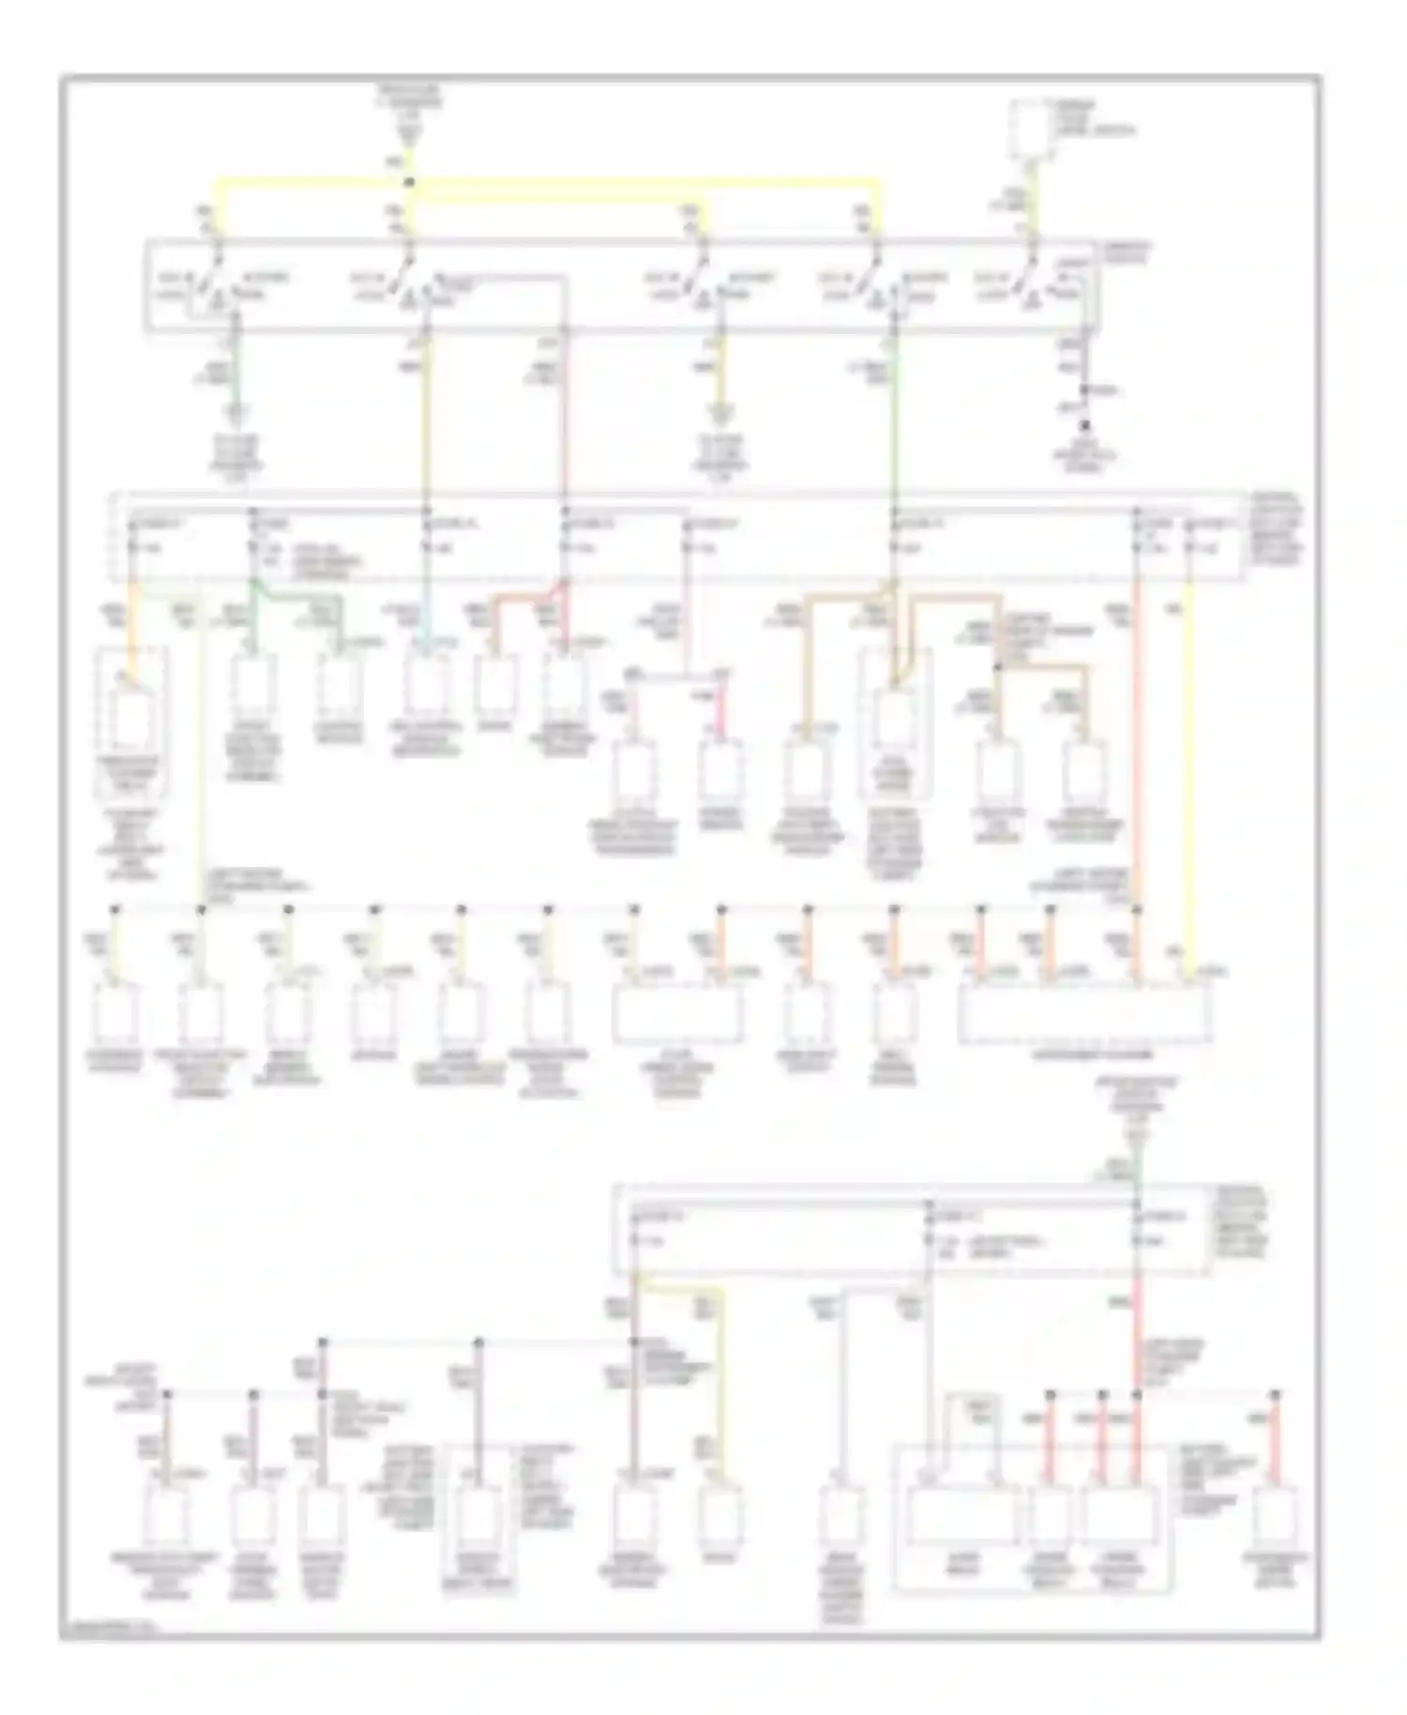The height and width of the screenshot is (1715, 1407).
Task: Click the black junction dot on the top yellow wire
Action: tap(409, 182)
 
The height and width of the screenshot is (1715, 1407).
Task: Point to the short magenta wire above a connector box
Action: tap(721, 713)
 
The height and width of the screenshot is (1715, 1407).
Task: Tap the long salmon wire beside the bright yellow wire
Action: tap(1137, 751)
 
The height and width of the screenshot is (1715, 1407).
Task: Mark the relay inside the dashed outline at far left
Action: tap(132, 722)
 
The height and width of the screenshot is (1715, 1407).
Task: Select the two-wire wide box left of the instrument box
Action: tap(677, 1013)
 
